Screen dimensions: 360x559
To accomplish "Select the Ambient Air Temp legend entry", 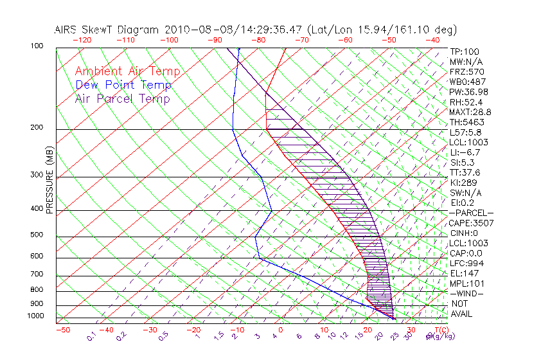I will click(127, 71).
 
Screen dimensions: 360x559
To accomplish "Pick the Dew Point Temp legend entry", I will click(123, 85).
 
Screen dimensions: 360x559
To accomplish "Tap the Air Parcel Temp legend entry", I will click(122, 98).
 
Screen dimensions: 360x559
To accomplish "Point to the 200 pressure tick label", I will click(37, 128).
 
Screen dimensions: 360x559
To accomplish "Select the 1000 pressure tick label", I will click(35, 316).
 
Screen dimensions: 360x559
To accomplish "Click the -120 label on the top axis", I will click(82, 40).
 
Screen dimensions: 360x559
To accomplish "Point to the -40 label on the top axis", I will click(432, 40).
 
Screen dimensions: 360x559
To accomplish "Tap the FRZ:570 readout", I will click(466, 72).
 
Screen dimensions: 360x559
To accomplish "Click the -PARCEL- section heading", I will click(471, 213).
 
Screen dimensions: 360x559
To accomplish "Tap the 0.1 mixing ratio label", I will click(91, 336).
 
